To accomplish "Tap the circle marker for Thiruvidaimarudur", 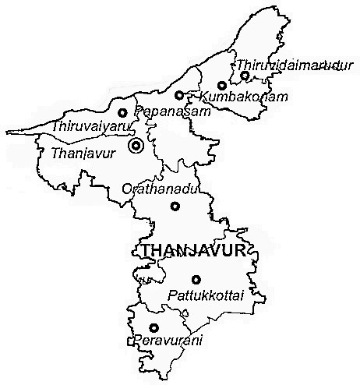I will [x=245, y=76].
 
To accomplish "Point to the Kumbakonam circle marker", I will [x=222, y=86].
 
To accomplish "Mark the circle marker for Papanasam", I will [x=178, y=96].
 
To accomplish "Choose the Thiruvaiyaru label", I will [x=83, y=125].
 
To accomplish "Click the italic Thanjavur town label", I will [x=82, y=153].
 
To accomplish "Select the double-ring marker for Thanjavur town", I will [x=137, y=146].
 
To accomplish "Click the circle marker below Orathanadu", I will [x=175, y=206].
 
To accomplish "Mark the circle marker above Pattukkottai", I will [x=196, y=279].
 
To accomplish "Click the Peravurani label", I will [x=162, y=341].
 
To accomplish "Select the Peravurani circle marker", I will [x=154, y=328].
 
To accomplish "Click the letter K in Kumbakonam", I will [x=204, y=97].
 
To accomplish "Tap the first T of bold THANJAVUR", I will [x=146, y=249].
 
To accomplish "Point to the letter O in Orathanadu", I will [x=127, y=189].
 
